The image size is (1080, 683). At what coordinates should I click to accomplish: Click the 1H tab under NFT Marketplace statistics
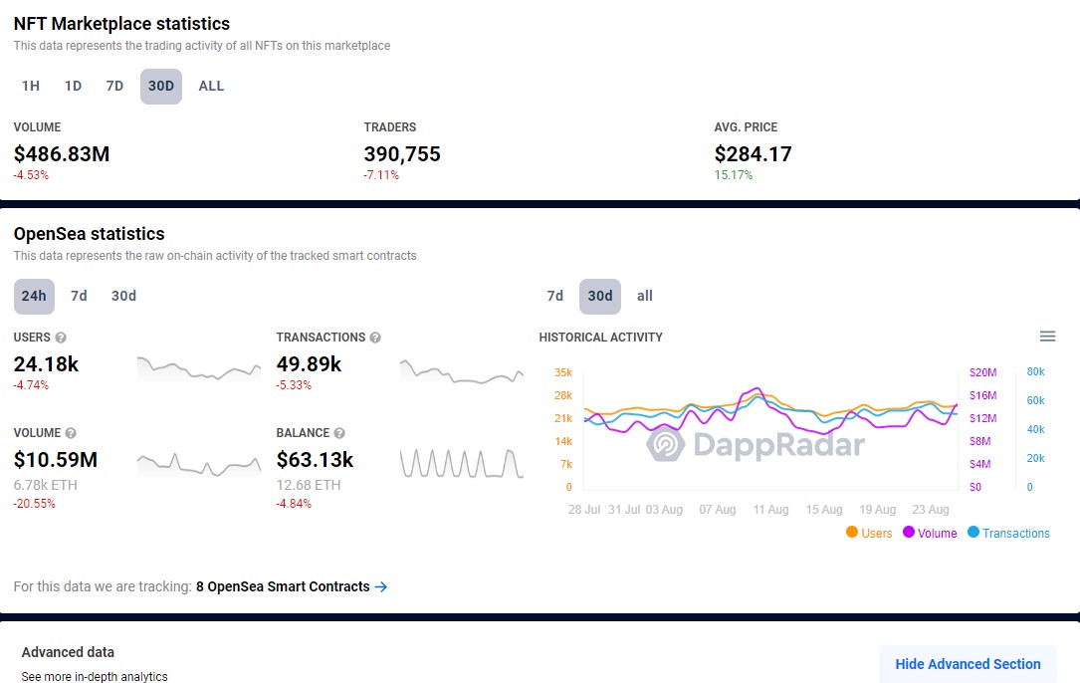[31, 86]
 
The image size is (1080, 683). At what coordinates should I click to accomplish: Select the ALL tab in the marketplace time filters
[211, 86]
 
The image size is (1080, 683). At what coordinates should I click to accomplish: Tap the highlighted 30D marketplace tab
[161, 86]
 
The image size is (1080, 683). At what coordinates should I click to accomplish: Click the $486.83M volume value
[62, 154]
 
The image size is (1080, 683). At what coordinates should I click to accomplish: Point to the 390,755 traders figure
[402, 154]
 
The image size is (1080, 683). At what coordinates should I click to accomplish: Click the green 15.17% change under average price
[734, 175]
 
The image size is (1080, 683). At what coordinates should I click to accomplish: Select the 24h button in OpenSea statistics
[34, 296]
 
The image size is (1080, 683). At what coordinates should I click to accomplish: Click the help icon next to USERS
[61, 338]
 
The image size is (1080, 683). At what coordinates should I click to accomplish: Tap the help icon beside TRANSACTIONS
[375, 338]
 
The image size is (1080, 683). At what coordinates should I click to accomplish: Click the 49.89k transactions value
[309, 364]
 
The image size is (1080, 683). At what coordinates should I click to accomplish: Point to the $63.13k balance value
[315, 460]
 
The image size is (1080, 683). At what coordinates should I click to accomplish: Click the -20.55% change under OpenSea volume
[35, 504]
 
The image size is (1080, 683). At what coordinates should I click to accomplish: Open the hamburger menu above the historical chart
[1047, 337]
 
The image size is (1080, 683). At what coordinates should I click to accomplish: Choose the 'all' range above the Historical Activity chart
[645, 296]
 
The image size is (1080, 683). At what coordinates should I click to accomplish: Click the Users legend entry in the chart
[869, 533]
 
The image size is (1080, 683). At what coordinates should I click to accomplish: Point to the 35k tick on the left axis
[563, 372]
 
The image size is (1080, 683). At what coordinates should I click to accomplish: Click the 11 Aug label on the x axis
[770, 510]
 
